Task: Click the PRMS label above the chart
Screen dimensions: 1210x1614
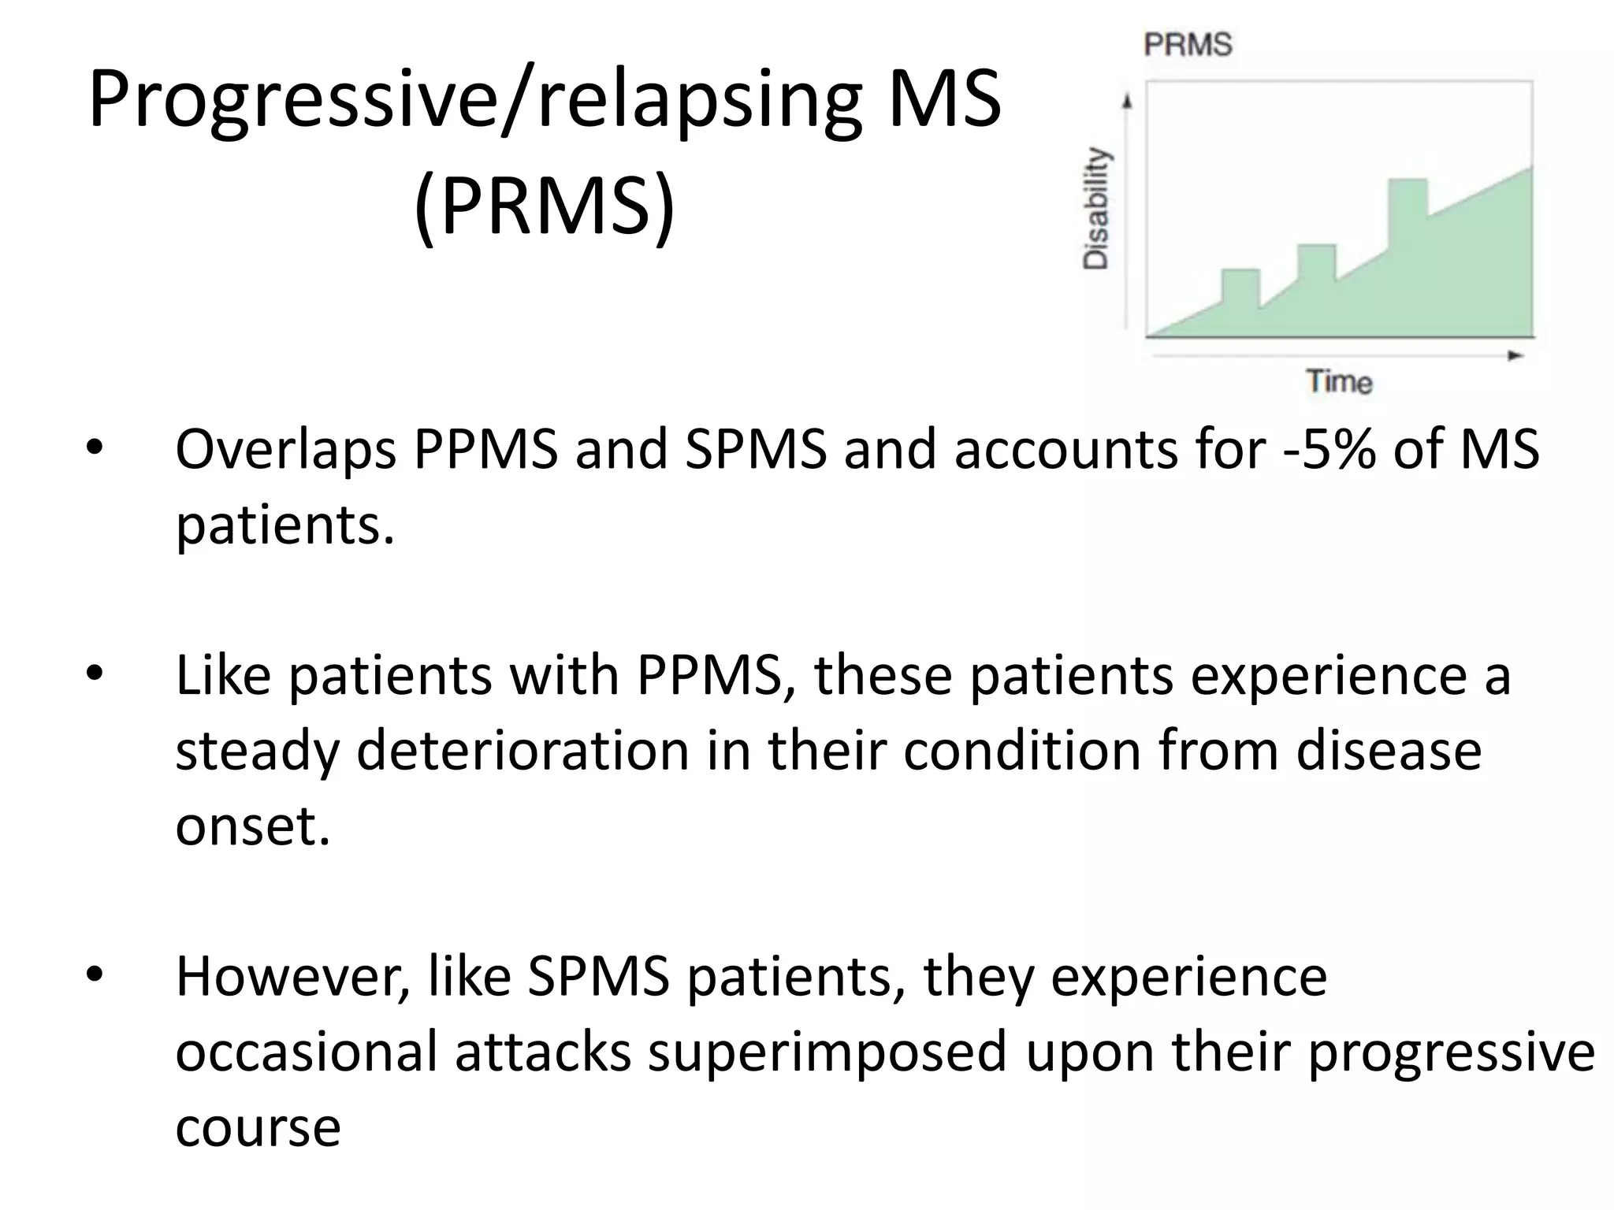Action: (x=1188, y=44)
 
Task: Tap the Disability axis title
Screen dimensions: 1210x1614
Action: (x=1096, y=209)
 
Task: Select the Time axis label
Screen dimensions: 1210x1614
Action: (x=1340, y=381)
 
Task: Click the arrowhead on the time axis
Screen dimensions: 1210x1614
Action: (x=1515, y=356)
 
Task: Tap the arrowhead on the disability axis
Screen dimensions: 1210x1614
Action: (x=1128, y=102)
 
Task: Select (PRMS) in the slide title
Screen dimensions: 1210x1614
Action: (x=545, y=206)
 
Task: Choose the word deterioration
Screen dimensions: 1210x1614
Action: (x=523, y=750)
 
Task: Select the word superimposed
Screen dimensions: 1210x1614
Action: (x=827, y=1052)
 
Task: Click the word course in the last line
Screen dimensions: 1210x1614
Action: (x=258, y=1127)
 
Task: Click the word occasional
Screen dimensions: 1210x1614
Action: (x=306, y=1052)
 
